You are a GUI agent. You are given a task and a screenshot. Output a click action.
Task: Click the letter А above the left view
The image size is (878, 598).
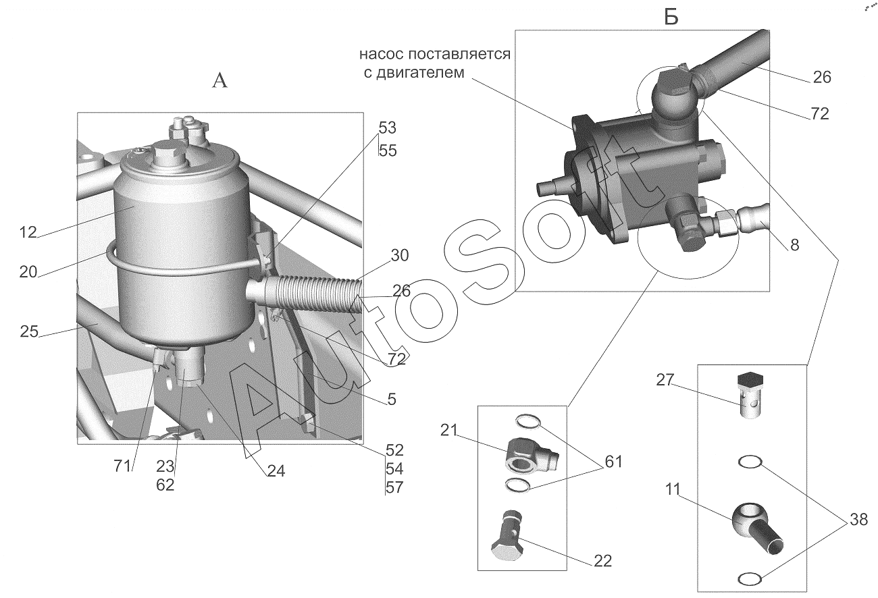tap(219, 81)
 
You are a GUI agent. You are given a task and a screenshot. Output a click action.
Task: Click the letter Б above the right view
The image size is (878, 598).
tap(671, 17)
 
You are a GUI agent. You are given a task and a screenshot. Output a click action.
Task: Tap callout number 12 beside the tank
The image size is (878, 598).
tap(28, 233)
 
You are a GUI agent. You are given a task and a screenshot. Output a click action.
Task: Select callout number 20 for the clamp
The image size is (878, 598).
tap(28, 271)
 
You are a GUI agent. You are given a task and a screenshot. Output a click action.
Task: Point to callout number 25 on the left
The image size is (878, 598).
tap(29, 331)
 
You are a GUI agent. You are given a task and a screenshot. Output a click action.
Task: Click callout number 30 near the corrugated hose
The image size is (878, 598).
tap(400, 255)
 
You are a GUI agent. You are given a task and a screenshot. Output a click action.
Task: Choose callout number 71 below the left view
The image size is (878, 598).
tap(122, 466)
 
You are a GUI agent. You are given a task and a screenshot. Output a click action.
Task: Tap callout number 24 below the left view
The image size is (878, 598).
tap(276, 471)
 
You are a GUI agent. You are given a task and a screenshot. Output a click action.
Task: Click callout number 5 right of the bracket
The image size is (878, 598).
tap(392, 400)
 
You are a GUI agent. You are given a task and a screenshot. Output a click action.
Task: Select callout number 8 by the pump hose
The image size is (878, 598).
tap(794, 245)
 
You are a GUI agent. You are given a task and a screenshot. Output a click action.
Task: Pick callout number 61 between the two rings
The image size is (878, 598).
tap(614, 462)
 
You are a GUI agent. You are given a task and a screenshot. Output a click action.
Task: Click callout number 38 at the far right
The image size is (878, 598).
tap(858, 520)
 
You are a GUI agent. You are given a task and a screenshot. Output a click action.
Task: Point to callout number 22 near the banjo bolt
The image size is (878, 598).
tap(603, 561)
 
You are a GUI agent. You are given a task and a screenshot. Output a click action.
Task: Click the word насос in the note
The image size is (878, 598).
tap(382, 55)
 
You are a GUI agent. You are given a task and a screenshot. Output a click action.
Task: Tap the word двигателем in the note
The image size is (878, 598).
tap(420, 73)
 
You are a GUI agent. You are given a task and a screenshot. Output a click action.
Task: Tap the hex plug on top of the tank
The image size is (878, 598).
tap(167, 154)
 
